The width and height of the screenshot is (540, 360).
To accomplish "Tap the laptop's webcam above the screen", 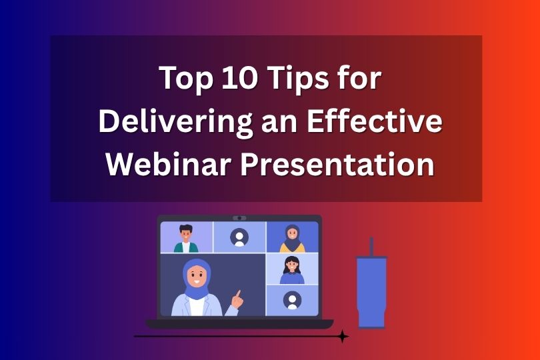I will point(239,218).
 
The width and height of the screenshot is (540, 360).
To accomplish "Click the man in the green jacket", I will point(186,239).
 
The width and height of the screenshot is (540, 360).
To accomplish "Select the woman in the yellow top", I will point(292,238).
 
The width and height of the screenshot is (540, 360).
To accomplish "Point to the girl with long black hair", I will point(292,269).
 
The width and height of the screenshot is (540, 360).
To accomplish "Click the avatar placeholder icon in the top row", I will point(239,237).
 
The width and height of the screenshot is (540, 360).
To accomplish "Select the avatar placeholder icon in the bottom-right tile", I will point(292,301).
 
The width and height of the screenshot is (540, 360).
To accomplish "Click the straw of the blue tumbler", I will point(371,247).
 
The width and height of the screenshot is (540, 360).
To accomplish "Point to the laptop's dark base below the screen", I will point(239,323).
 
